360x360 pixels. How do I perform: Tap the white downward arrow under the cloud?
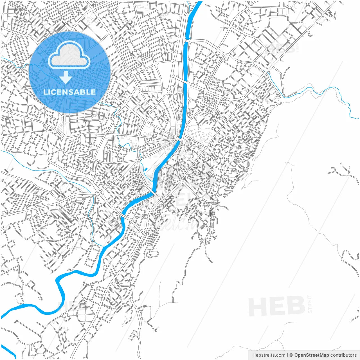click(66, 77)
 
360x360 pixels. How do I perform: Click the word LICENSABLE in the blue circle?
click(69, 92)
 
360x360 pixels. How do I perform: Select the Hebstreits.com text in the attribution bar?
click(269, 355)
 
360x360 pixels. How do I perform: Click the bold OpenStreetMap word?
click(311, 355)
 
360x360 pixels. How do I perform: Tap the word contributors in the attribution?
click(343, 355)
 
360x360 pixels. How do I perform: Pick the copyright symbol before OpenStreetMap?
click(291, 355)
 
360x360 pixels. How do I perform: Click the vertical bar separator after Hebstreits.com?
click(287, 355)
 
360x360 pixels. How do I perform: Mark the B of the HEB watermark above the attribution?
click(295, 306)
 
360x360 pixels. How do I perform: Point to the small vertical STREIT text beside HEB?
click(310, 304)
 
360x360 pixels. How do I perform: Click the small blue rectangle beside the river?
click(146, 169)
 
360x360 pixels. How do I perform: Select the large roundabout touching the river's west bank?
click(176, 138)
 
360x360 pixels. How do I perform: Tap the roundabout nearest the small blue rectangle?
click(139, 159)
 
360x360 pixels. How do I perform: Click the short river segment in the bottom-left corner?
click(8, 352)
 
